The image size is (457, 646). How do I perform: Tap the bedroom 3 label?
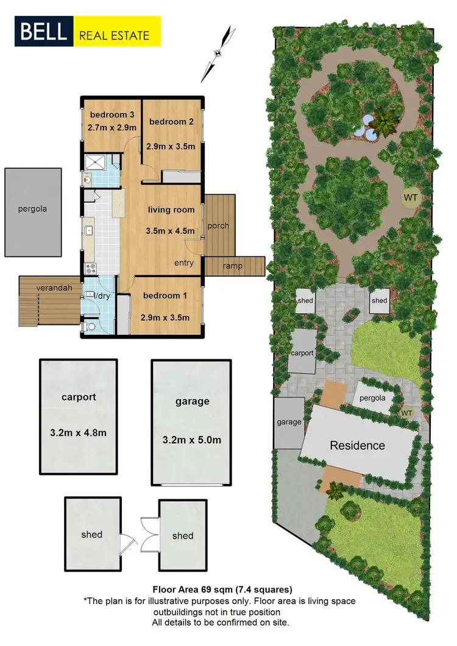point(112,115)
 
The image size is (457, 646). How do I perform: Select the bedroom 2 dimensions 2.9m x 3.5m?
point(171,146)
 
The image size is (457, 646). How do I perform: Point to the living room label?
point(171,210)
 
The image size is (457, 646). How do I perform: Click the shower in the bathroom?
point(95,162)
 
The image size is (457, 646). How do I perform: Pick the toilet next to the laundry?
point(90,327)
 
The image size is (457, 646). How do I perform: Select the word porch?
point(218,226)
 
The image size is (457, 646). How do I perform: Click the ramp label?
point(233,265)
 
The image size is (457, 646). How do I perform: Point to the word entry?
point(183,263)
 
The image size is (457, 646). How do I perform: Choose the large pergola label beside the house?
point(32,209)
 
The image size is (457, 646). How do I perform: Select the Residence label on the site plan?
point(357,446)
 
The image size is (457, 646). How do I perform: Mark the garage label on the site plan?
point(289,422)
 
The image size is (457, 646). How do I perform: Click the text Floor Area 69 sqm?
point(189,589)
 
